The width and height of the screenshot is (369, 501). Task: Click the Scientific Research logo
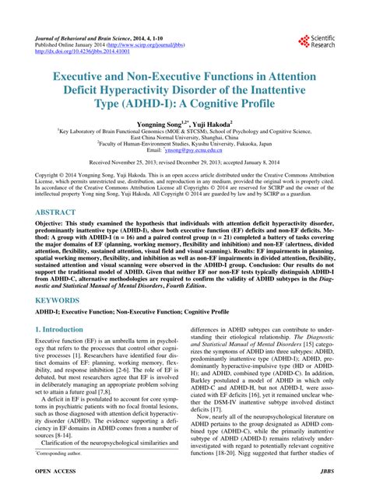pyautogui.click(x=315, y=42)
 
